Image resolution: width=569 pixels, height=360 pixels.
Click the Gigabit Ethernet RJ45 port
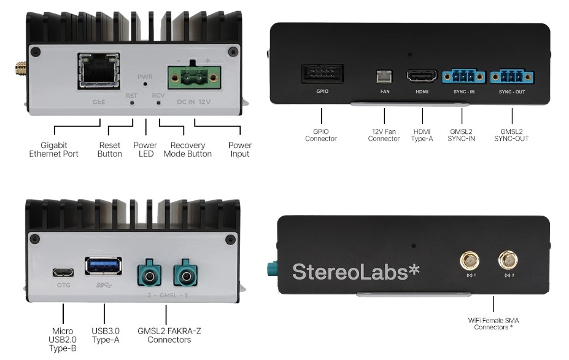point(99,71)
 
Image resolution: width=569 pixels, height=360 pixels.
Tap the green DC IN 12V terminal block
point(194,77)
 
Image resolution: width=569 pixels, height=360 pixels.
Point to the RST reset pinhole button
point(132,103)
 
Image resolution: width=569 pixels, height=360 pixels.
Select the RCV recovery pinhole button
point(158,103)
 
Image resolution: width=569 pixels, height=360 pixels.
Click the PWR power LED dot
point(145,84)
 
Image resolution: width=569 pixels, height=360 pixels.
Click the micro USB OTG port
point(63,272)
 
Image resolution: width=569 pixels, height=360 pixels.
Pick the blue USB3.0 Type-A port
point(103,266)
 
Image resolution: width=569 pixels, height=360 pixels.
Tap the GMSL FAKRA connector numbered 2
point(149,273)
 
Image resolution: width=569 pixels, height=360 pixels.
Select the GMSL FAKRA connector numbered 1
point(185,273)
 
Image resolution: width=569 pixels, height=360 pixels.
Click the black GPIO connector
point(322,74)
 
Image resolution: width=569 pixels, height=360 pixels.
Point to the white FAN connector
point(385,76)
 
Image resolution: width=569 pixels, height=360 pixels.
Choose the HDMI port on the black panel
point(422,76)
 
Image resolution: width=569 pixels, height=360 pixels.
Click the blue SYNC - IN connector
point(464,76)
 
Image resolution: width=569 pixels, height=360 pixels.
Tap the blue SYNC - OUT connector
point(512,76)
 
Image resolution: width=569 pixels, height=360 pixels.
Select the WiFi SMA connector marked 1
point(470,260)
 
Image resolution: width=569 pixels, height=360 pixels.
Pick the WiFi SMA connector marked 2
point(508,260)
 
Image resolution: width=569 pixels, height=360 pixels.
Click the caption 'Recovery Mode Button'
point(188,149)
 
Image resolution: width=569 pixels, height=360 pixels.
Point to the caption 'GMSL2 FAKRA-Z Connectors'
point(169,335)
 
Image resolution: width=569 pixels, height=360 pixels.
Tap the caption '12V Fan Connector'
point(384,135)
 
